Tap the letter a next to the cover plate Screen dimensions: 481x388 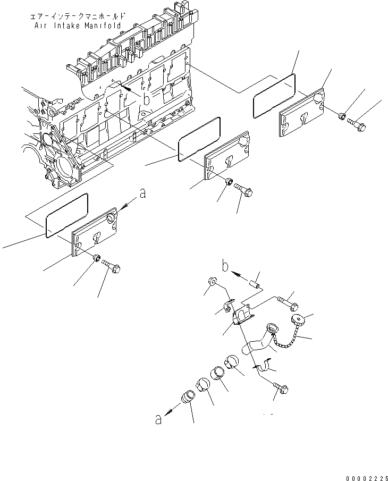click(x=142, y=195)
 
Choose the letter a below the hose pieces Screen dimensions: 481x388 click(x=158, y=420)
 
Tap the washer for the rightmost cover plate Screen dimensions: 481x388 click(x=342, y=114)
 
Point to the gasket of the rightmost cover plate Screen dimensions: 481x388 click(x=274, y=96)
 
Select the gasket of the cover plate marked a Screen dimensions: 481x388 click(x=67, y=216)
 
